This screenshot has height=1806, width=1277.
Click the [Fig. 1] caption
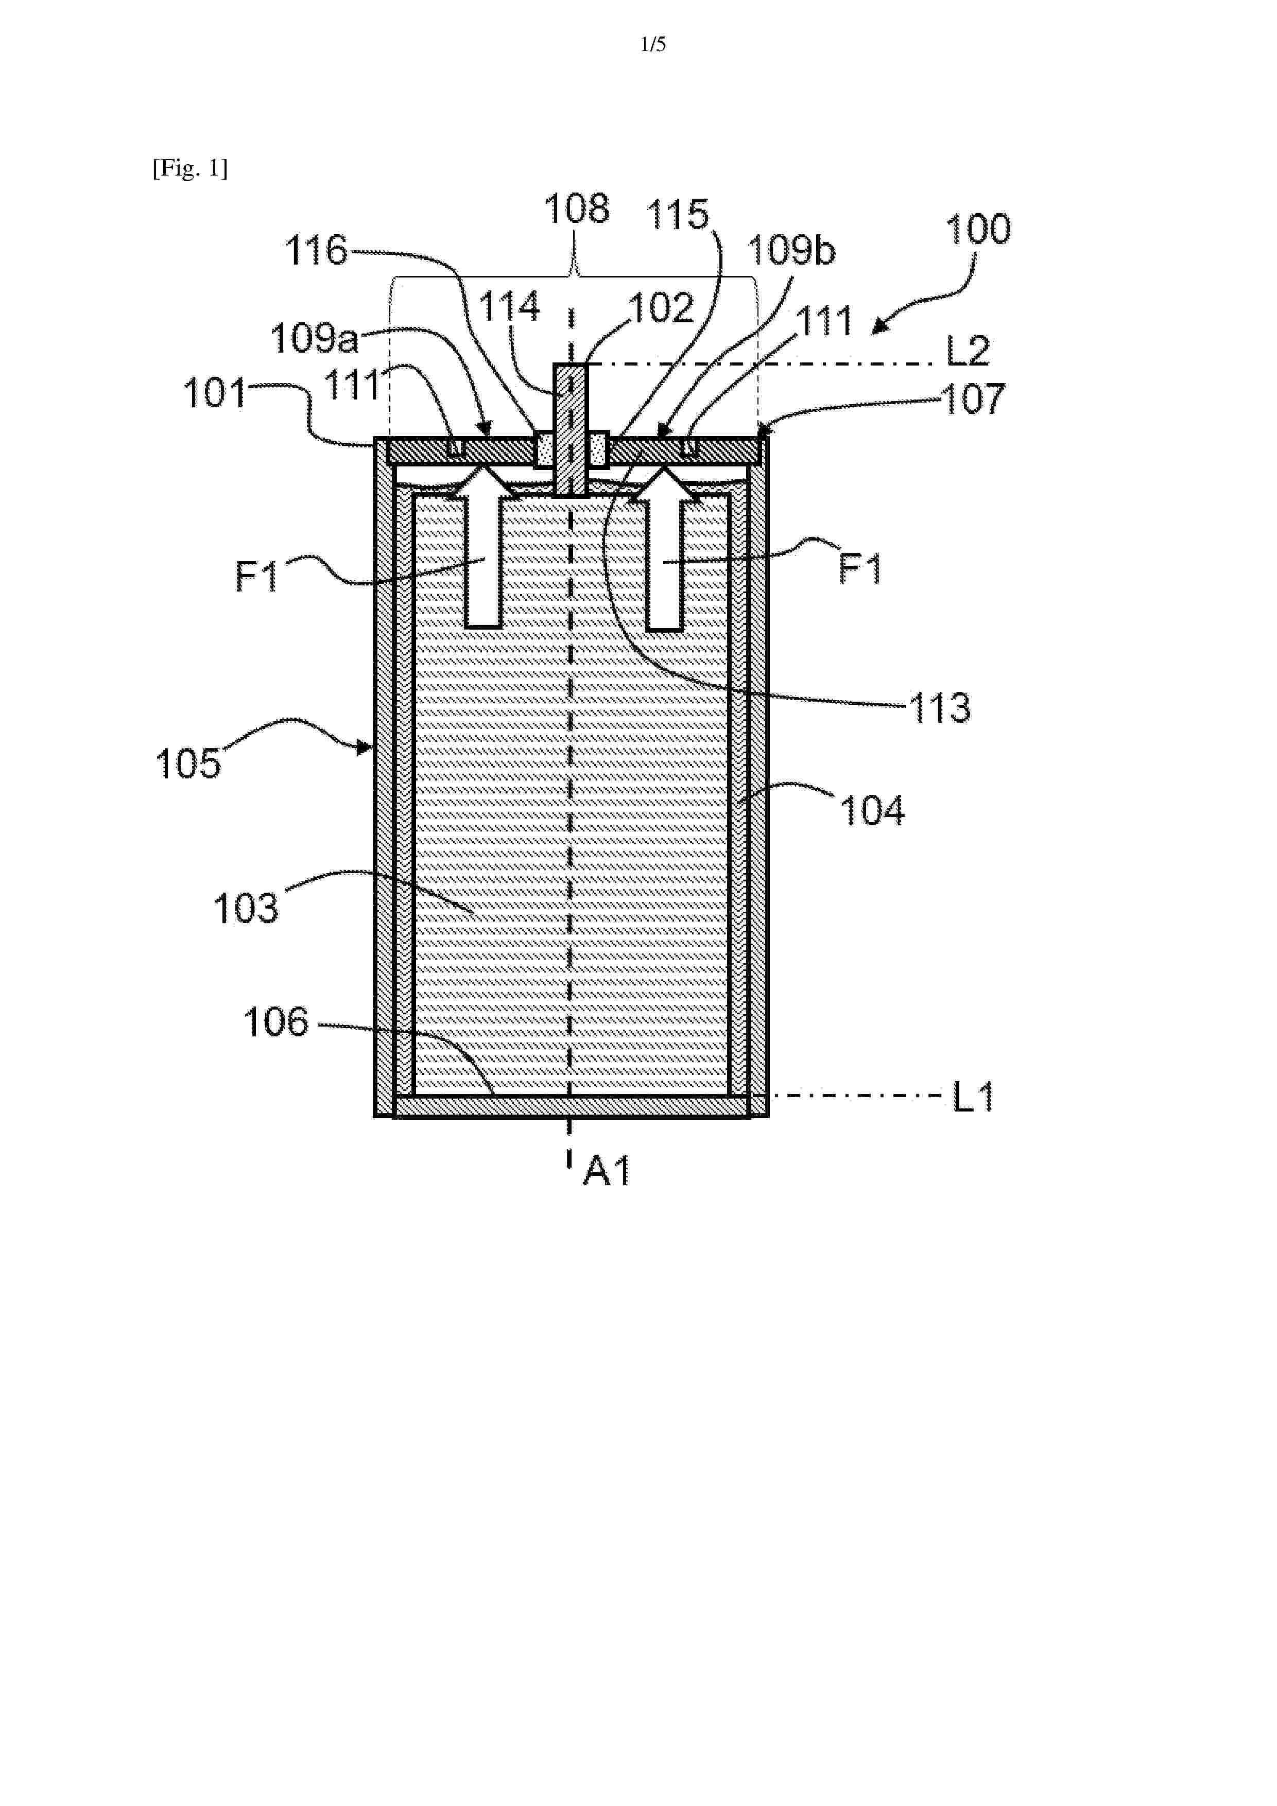coord(191,168)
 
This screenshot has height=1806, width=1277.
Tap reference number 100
coord(978,230)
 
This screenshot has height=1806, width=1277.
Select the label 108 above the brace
coord(577,209)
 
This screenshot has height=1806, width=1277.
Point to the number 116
coord(316,252)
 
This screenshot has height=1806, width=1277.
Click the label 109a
coord(315,339)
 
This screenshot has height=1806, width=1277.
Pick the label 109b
coord(791,251)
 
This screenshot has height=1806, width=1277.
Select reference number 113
coord(940,708)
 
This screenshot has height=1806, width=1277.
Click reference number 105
coord(188,764)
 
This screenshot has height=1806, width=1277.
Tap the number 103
coord(246,909)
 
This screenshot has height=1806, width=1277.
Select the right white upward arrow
coord(665,548)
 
